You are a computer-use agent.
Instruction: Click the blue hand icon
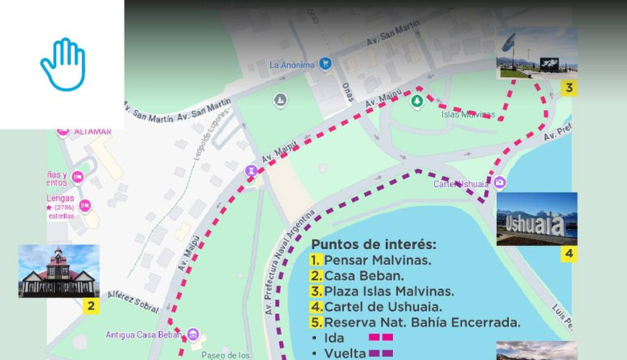[63, 64]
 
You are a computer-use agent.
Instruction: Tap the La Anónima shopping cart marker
[326, 63]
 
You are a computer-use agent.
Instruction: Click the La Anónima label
[292, 65]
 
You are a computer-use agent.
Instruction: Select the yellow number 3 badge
[568, 87]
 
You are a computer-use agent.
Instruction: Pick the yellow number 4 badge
[568, 255]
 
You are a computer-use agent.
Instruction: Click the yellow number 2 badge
[91, 305]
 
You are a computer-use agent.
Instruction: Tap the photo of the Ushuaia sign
[536, 219]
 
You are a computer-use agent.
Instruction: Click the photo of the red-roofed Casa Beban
[59, 271]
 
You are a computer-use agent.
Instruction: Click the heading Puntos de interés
[374, 244]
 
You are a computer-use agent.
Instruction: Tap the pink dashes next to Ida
[380, 338]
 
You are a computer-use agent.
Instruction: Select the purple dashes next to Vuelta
[380, 353]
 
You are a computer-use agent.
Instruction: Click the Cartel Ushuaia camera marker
[500, 183]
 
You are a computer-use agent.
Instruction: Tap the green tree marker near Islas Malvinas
[416, 101]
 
